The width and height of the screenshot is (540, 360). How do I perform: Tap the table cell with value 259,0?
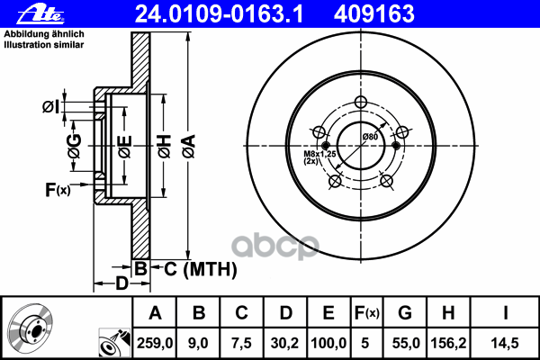coord(155,341)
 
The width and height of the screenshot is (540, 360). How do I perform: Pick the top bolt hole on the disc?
coord(362,102)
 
